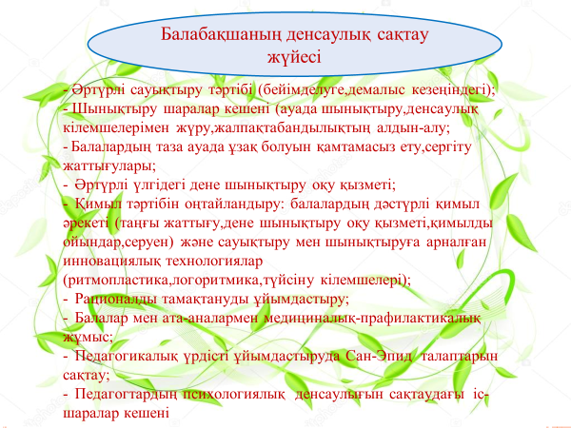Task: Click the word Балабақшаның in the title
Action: (x=222, y=35)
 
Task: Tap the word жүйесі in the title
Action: (x=294, y=57)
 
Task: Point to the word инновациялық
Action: (x=111, y=262)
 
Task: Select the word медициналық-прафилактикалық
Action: (x=372, y=318)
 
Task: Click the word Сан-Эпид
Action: (x=379, y=356)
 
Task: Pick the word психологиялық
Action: (x=234, y=394)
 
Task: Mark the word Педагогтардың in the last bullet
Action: (x=126, y=394)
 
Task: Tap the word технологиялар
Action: (x=214, y=262)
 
